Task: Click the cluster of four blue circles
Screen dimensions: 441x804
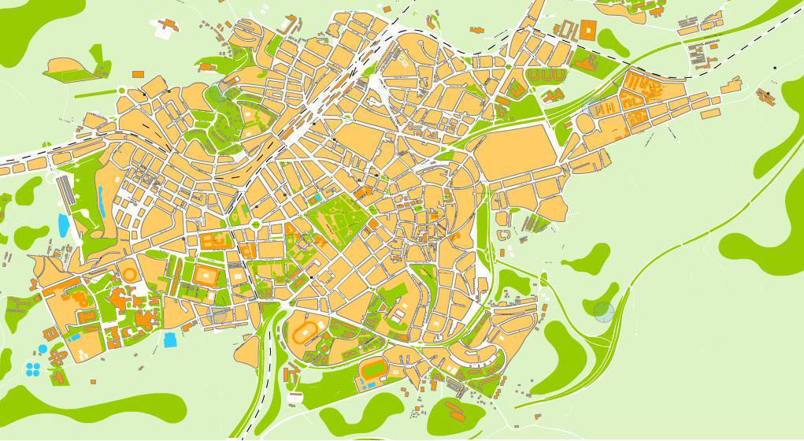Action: pos(33,368)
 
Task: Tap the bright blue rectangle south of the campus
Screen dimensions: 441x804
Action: pos(169,339)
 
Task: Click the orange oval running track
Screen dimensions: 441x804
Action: pos(302,333)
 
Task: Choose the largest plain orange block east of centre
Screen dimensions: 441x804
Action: pos(517,151)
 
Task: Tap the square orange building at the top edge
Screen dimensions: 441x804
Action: pos(587,31)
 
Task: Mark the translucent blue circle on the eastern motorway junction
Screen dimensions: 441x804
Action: pos(604,312)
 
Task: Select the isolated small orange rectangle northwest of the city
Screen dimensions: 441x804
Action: pos(137,74)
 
